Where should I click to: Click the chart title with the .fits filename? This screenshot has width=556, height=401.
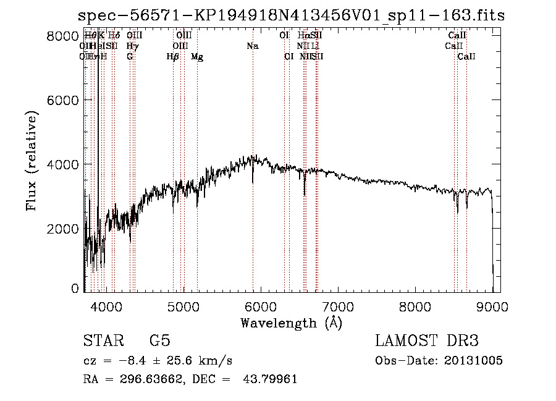tap(291, 16)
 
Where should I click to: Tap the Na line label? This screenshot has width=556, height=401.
tap(252, 46)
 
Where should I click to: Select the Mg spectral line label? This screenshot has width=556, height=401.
tap(197, 57)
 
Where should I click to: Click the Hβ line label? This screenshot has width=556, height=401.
tap(173, 57)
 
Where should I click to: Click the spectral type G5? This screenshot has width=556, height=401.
tap(159, 341)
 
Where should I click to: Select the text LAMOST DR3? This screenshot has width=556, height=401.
tap(427, 341)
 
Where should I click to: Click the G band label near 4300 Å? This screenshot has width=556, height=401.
tap(130, 57)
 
